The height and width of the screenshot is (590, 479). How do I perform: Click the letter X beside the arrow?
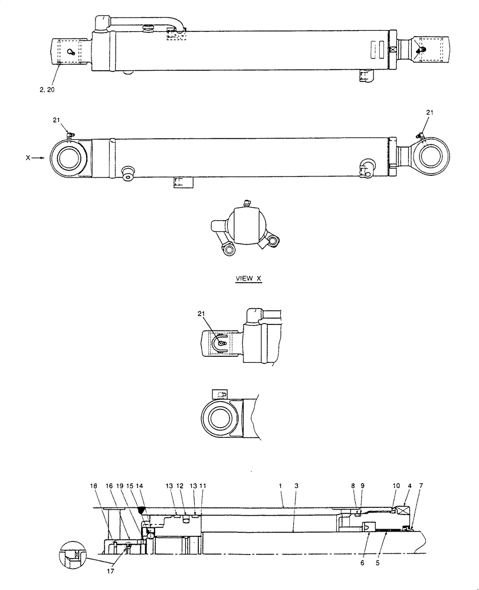(28, 158)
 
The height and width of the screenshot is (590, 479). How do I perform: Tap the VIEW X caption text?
(247, 278)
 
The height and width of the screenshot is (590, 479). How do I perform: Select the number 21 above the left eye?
(57, 120)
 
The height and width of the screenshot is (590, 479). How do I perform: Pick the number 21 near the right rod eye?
(429, 112)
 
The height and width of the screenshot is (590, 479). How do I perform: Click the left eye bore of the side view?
(70, 158)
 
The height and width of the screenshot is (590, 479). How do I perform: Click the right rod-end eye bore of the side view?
(428, 156)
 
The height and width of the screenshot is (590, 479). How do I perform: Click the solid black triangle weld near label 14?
(141, 509)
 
